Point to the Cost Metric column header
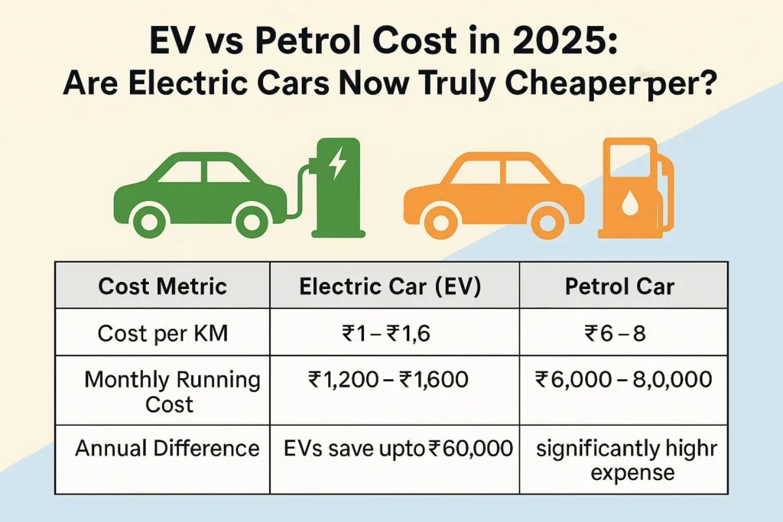coord(163,287)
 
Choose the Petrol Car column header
coord(620,287)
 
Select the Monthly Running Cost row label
coord(172,391)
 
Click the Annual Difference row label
coord(167,448)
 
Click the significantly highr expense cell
coord(626,460)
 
